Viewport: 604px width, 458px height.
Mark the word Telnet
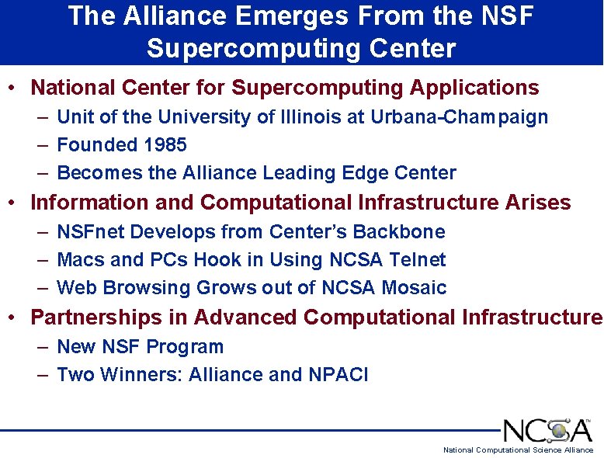(x=418, y=260)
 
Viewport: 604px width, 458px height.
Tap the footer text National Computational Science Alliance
(x=518, y=450)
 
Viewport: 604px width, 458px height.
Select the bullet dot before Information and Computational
(x=13, y=203)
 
